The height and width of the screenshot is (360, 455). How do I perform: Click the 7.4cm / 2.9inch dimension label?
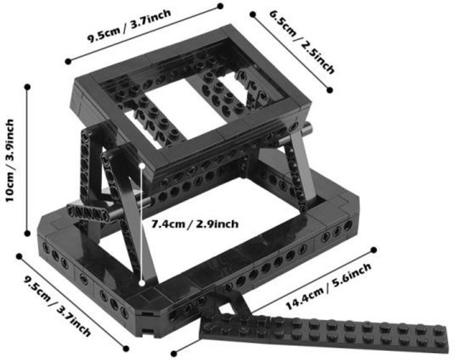(195, 224)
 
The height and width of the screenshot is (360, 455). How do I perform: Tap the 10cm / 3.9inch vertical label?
(10, 160)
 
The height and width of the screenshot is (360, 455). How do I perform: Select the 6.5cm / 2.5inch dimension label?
(303, 42)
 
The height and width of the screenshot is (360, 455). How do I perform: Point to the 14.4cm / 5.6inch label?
(328, 287)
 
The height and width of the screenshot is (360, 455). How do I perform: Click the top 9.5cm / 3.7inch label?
(130, 26)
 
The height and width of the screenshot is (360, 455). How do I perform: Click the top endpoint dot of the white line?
(142, 166)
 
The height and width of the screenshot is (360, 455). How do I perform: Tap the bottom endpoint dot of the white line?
(142, 283)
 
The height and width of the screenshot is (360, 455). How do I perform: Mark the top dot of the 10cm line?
(28, 87)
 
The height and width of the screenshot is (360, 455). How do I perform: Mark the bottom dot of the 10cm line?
(28, 233)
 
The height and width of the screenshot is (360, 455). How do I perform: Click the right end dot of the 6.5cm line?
(330, 90)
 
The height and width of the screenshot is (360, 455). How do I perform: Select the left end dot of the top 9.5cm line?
(68, 61)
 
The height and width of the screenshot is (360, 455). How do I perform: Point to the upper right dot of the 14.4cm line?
(374, 250)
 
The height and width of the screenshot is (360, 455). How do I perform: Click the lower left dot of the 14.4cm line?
(174, 354)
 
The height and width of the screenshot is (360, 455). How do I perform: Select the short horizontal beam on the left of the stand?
(88, 213)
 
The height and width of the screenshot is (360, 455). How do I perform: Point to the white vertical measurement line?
(142, 224)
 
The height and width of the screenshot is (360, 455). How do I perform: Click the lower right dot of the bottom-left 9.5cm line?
(126, 349)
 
